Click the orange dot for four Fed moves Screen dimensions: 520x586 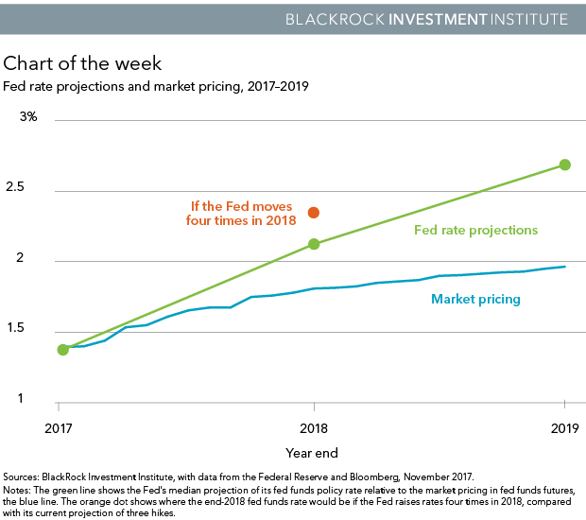click(x=314, y=213)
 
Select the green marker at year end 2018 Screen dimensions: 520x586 click(x=314, y=244)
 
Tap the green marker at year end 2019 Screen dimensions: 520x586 click(x=565, y=165)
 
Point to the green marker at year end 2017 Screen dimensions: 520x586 click(x=63, y=350)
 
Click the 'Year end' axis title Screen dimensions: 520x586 click(x=312, y=453)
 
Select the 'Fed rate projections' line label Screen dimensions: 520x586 click(x=475, y=230)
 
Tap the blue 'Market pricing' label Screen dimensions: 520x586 click(x=475, y=300)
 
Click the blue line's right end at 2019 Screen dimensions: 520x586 click(x=564, y=267)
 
